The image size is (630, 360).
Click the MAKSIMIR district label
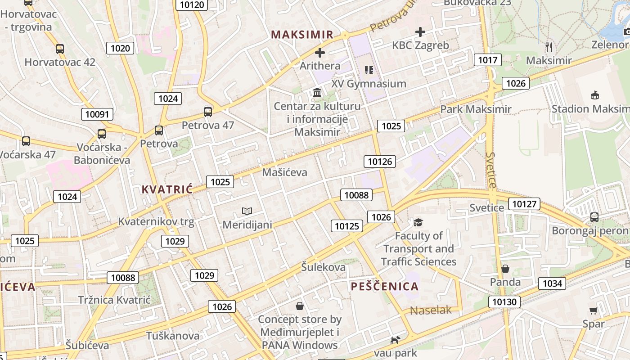[x=302, y=35]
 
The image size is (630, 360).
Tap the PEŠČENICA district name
[x=384, y=286]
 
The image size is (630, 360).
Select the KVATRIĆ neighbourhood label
[x=167, y=189]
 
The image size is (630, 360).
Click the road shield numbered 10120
[x=192, y=5]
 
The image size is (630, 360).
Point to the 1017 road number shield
[x=488, y=60]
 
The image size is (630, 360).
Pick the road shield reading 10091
[x=97, y=114]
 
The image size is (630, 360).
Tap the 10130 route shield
[x=504, y=302]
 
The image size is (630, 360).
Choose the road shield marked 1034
[x=552, y=283]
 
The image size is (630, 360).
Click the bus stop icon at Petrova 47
[x=208, y=112]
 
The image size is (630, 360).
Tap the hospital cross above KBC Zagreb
[x=420, y=32]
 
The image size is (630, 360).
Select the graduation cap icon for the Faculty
[x=418, y=222]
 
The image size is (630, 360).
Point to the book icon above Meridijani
[x=247, y=211]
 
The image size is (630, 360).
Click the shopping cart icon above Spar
[x=594, y=310]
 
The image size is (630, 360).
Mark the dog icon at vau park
[x=395, y=340]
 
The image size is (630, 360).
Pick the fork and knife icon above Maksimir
[x=549, y=47]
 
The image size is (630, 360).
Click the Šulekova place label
[x=324, y=267]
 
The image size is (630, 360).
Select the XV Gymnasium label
[x=369, y=84]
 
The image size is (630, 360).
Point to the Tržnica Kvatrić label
[x=113, y=300]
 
